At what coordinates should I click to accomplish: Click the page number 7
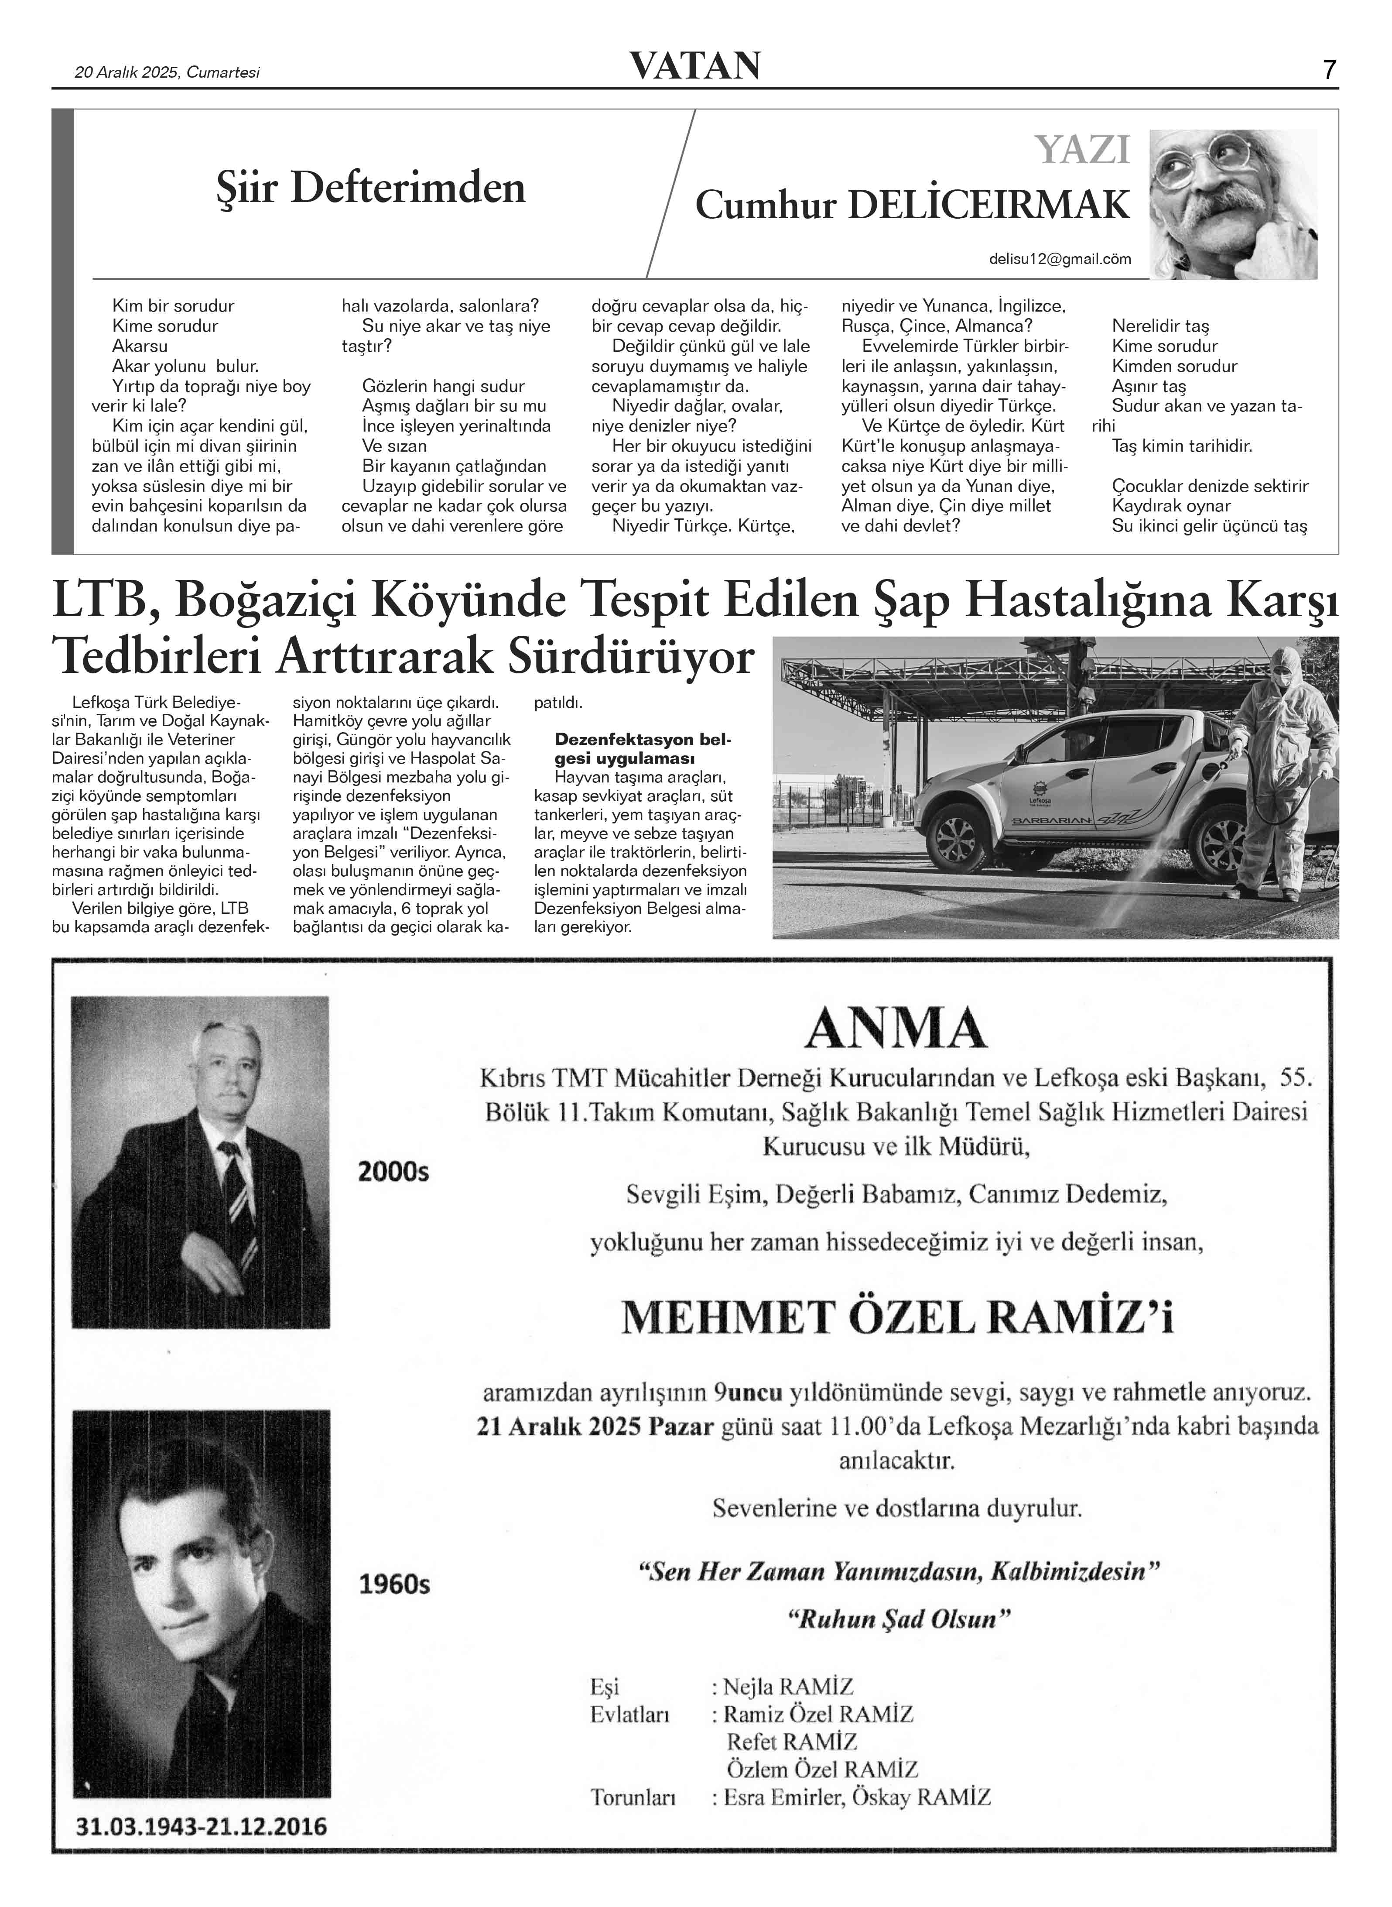(1329, 70)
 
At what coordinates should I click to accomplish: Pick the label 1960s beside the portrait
(394, 1585)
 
